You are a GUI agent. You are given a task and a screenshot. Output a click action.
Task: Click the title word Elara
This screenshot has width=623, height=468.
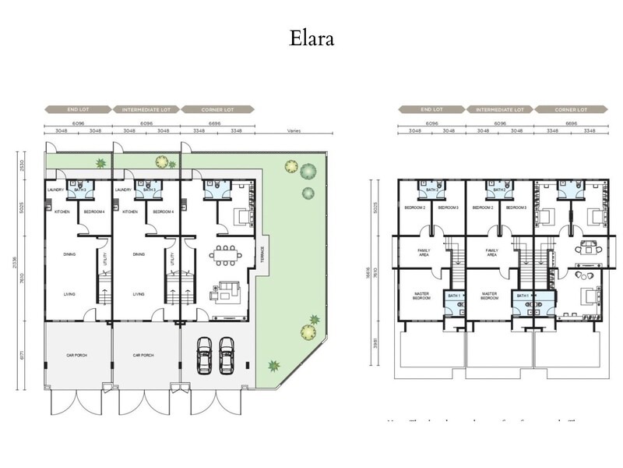pyautogui.click(x=311, y=38)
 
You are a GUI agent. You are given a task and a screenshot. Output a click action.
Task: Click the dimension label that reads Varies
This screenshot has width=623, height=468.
pyautogui.click(x=294, y=131)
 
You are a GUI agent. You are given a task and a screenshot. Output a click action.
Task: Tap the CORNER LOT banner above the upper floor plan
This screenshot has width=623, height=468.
pyautogui.click(x=571, y=110)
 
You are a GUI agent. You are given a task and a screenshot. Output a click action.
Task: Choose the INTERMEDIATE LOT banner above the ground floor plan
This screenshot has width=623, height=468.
pyautogui.click(x=146, y=110)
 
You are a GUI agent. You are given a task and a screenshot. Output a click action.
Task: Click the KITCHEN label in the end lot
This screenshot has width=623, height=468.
pyautogui.click(x=62, y=212)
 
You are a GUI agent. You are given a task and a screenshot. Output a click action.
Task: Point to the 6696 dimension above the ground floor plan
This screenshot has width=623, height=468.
pyautogui.click(x=216, y=123)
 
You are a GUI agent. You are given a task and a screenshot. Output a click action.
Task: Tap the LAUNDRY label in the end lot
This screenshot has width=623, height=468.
pyautogui.click(x=55, y=190)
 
